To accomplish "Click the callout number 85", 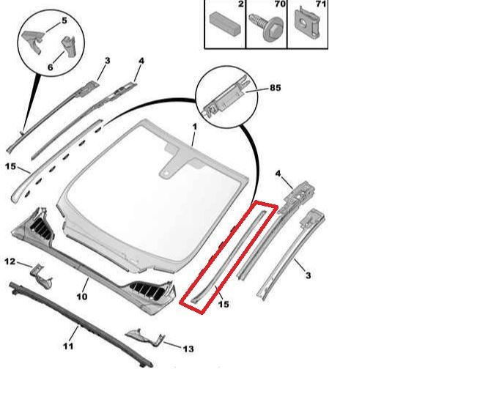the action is tap(276, 88).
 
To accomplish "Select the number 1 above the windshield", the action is tap(195, 127).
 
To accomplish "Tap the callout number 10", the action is tap(82, 296).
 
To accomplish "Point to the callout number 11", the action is tap(68, 346).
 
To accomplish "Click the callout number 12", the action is tap(10, 261).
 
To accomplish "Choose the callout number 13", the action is tap(188, 349).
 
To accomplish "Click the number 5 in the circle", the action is tap(64, 21).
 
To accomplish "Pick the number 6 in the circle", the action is tap(50, 67).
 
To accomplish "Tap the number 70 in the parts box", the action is tap(280, 4).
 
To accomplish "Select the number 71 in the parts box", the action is tap(321, 4).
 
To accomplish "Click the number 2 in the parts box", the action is tap(240, 4).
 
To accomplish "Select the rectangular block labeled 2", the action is tap(225, 24).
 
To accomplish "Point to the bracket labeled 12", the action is tap(41, 275).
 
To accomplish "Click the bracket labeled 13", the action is tap(145, 338).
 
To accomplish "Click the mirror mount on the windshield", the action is tap(177, 163).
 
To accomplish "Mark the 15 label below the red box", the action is tap(224, 304).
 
